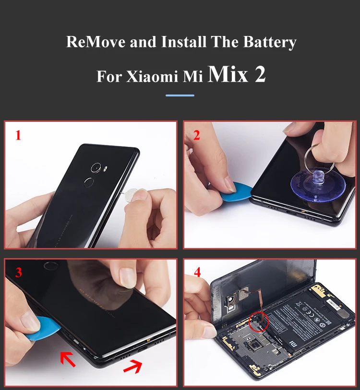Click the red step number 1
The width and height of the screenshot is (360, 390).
18,136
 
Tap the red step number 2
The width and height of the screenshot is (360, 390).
196,135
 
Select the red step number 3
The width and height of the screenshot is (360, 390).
18,272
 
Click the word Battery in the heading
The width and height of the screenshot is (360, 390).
269,42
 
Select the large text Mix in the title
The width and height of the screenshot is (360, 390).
228,74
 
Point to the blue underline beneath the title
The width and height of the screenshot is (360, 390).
180,95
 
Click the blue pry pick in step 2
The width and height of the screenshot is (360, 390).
237,192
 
